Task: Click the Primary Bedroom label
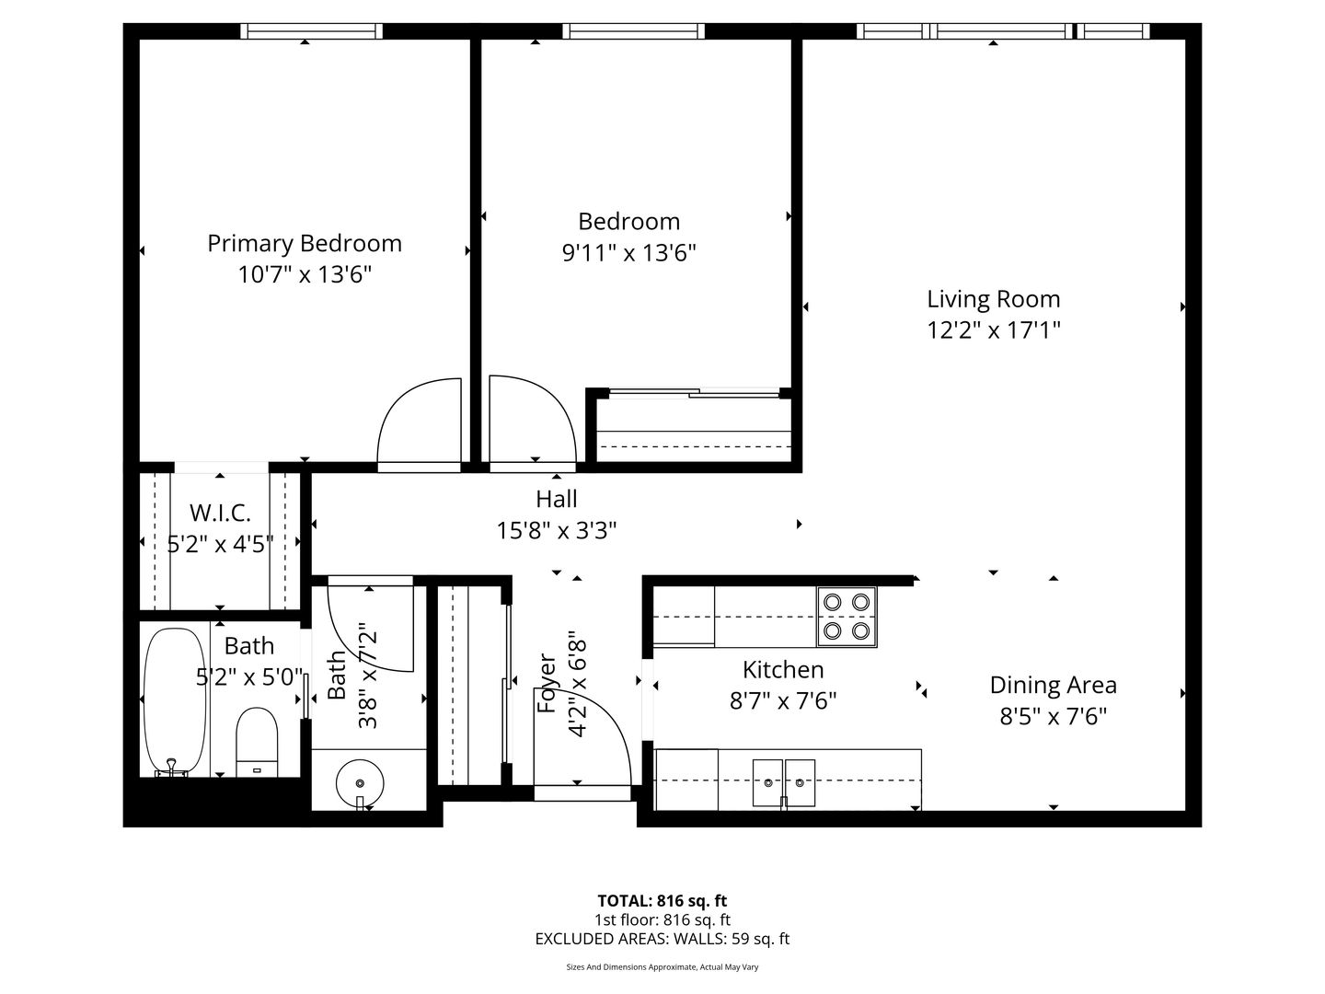pyautogui.click(x=305, y=244)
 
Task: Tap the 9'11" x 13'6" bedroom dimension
pyautogui.click(x=629, y=253)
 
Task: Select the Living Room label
pyautogui.click(x=994, y=299)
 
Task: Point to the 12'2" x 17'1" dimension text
pyautogui.click(x=994, y=330)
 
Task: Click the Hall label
pyautogui.click(x=557, y=499)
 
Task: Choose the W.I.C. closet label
pyautogui.click(x=220, y=513)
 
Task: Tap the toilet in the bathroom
pyautogui.click(x=257, y=742)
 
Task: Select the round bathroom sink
pyautogui.click(x=360, y=782)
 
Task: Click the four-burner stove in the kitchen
pyautogui.click(x=847, y=617)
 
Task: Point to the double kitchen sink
pyautogui.click(x=784, y=782)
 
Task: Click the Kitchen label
pyautogui.click(x=783, y=670)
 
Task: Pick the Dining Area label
pyautogui.click(x=1054, y=686)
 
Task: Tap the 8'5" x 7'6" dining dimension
pyautogui.click(x=1054, y=717)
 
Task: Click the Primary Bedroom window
pyautogui.click(x=312, y=30)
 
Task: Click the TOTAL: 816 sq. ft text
pyautogui.click(x=662, y=901)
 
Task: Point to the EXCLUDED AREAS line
pyautogui.click(x=662, y=939)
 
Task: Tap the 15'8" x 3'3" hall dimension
pyautogui.click(x=557, y=531)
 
